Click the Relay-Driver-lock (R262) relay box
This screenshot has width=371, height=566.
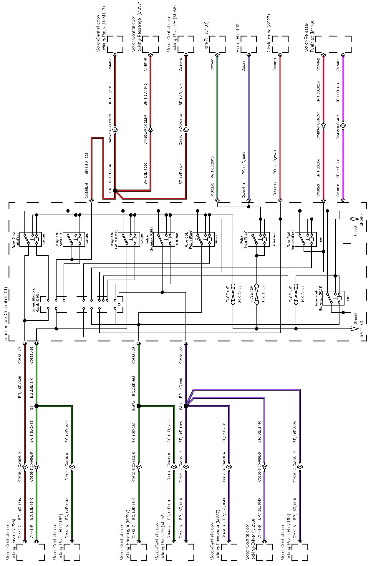tap(32, 239)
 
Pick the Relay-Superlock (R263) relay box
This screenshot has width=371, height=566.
tap(164, 239)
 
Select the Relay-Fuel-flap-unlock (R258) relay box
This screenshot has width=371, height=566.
tap(333, 298)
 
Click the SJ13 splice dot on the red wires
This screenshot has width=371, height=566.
tap(115, 191)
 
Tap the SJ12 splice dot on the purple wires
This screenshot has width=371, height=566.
tap(186, 406)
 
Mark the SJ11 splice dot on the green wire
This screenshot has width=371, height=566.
tap(37, 406)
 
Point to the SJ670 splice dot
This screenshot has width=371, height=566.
tap(139, 406)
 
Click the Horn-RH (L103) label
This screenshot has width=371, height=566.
tap(206, 37)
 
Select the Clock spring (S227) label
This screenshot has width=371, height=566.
tap(269, 37)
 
